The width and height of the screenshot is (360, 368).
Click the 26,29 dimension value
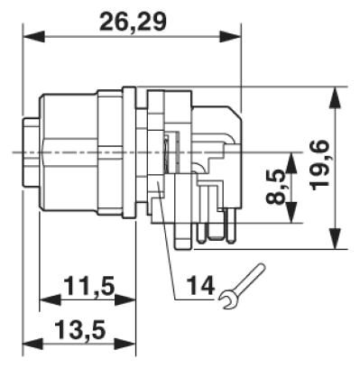133,21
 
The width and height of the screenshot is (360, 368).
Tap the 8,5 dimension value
275,187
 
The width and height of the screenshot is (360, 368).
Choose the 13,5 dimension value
80,329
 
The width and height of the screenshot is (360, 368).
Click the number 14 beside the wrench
201,285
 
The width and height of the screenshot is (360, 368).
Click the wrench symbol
242,286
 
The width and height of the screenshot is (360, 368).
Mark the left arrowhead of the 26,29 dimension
33,37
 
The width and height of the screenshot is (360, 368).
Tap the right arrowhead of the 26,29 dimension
230,37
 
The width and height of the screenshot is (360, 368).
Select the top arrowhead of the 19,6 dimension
335,97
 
